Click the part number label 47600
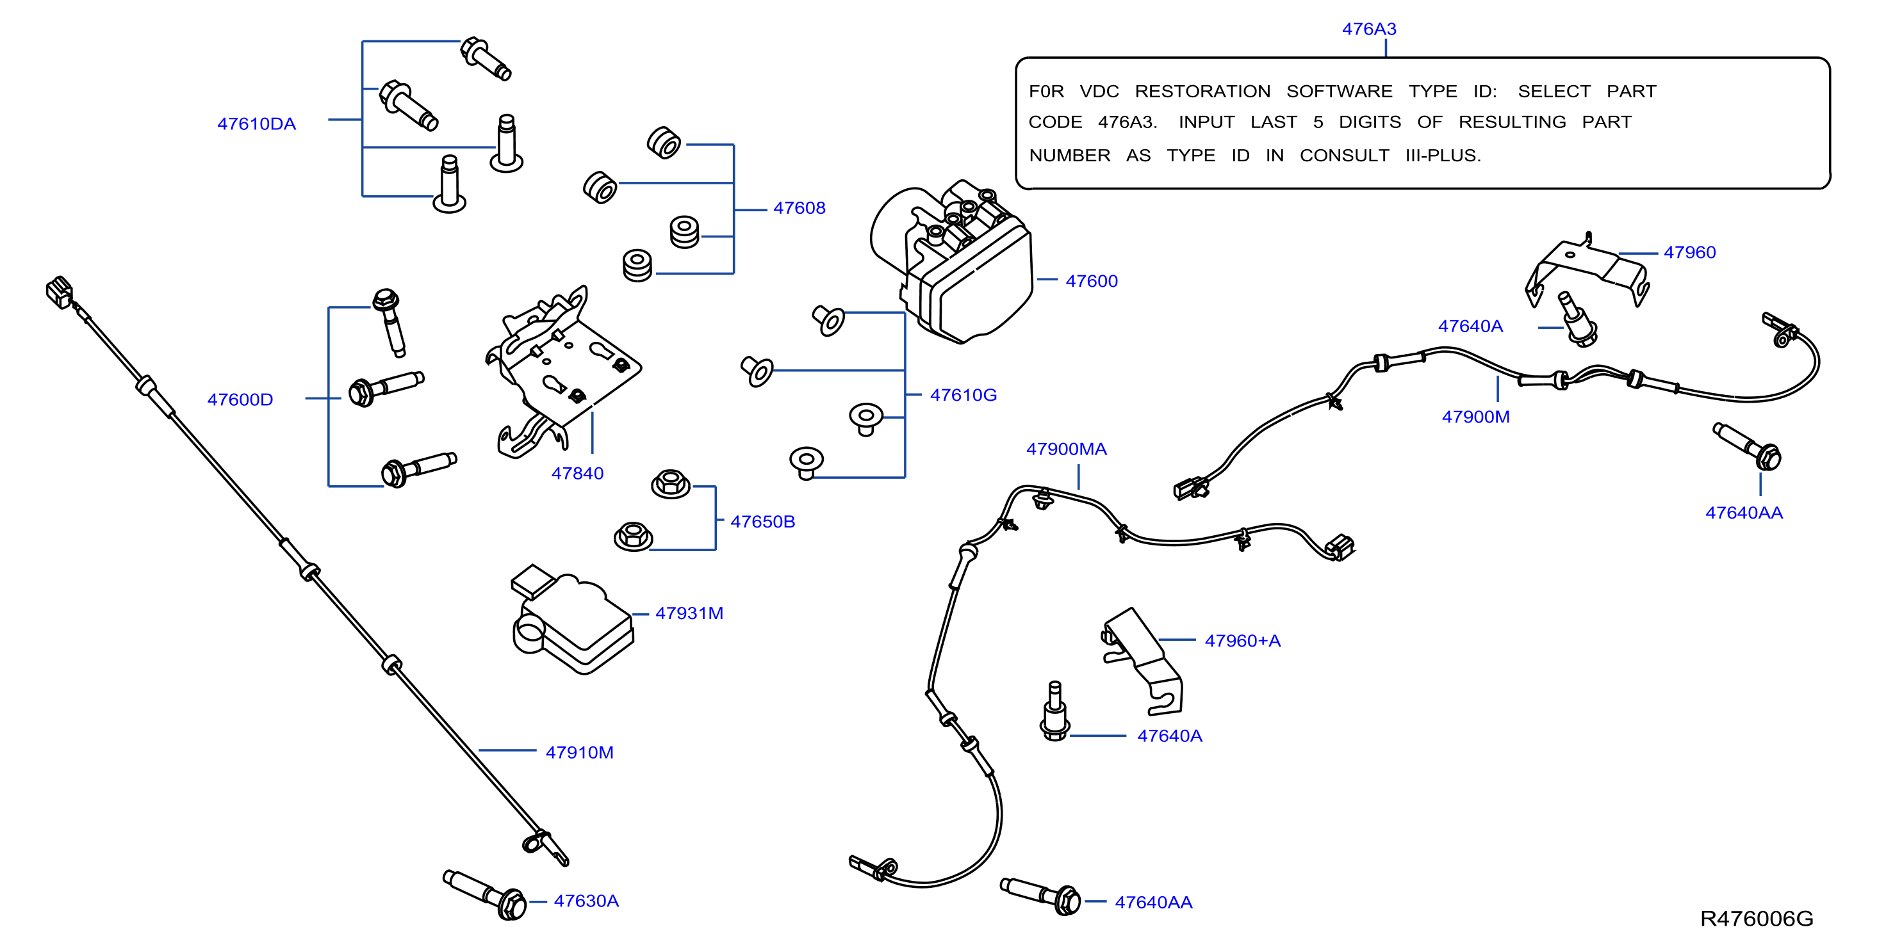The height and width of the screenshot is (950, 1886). tap(1091, 281)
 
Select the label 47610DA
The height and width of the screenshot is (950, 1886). tap(256, 124)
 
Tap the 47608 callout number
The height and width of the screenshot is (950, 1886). tap(799, 208)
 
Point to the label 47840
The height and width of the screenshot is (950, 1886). tap(577, 474)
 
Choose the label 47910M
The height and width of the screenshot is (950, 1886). tap(579, 752)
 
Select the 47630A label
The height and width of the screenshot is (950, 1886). tap(586, 901)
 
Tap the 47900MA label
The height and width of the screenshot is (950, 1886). tap(1066, 449)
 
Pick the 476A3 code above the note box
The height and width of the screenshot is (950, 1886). tap(1369, 29)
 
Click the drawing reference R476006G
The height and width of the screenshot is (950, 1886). tap(1757, 919)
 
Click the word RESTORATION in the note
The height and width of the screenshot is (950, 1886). tap(1202, 92)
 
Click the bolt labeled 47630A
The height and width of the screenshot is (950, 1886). tap(485, 894)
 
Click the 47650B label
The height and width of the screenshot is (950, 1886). tap(762, 522)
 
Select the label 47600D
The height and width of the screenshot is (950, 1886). tap(240, 399)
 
